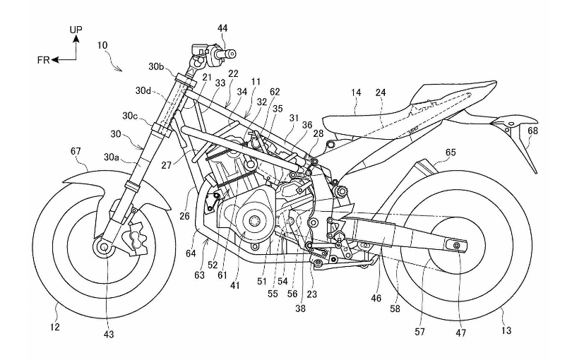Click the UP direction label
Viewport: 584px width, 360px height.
point(76,30)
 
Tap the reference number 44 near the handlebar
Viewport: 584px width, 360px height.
point(222,28)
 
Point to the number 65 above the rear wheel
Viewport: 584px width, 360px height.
point(450,152)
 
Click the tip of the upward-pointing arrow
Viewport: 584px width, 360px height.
point(76,39)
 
